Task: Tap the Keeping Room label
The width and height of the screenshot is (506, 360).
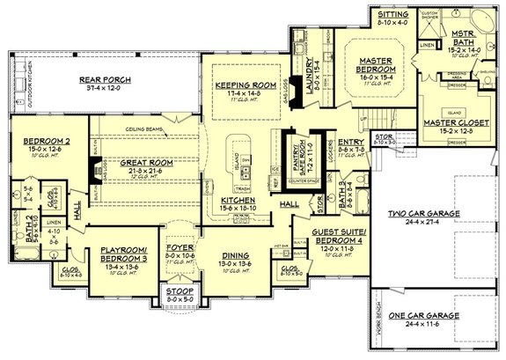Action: click(235, 85)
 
